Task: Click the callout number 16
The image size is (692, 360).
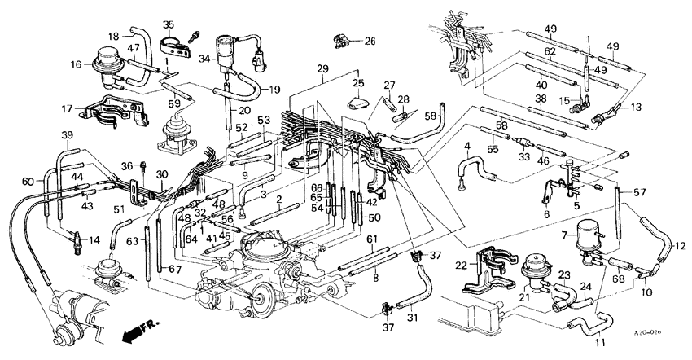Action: pyautogui.click(x=76, y=65)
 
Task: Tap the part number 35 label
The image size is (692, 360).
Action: pyautogui.click(x=169, y=24)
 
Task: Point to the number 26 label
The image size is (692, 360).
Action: pyautogui.click(x=370, y=42)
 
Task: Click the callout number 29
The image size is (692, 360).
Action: pyautogui.click(x=323, y=69)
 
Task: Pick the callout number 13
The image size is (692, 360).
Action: pyautogui.click(x=636, y=107)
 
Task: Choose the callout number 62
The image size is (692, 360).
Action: pyautogui.click(x=550, y=51)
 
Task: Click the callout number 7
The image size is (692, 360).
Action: pyautogui.click(x=564, y=235)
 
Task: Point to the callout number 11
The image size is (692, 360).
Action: pyautogui.click(x=601, y=342)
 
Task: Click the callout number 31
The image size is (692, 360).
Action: pyautogui.click(x=412, y=318)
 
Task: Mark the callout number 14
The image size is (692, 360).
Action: pyautogui.click(x=94, y=240)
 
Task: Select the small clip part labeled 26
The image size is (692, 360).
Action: pyautogui.click(x=340, y=41)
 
